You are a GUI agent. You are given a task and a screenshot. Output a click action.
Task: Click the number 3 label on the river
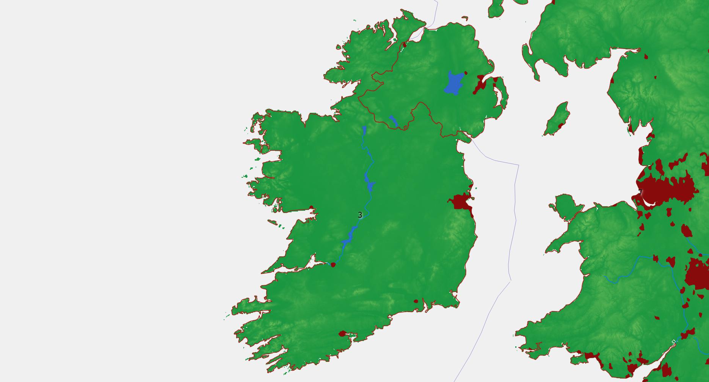pos(360,215)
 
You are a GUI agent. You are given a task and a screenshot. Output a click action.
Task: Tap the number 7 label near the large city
pos(640,193)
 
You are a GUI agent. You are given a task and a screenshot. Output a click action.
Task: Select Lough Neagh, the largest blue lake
pos(454,83)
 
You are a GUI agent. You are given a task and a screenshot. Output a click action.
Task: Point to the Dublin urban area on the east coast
pos(460,201)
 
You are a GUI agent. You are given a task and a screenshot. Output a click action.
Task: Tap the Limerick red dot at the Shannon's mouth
pos(333,265)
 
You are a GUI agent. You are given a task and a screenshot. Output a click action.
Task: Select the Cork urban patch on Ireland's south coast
pos(342,334)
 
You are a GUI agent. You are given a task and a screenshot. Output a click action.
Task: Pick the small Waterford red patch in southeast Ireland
pos(416,301)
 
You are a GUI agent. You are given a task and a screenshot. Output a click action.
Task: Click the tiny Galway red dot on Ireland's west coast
pos(311,207)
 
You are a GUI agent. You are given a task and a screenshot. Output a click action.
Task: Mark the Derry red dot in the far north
pos(404,44)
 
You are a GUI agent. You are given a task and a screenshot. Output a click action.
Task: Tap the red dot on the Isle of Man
pos(560,125)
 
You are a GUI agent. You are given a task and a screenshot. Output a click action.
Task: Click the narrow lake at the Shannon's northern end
pos(364,130)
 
